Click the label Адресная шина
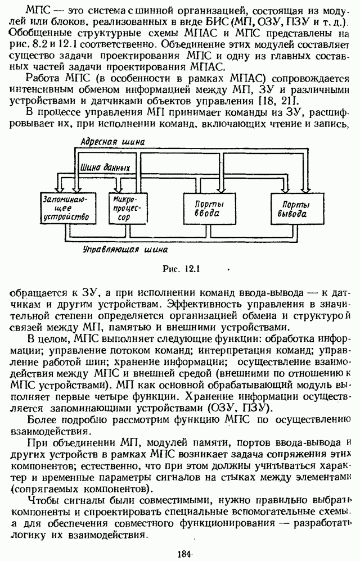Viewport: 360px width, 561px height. click(x=112, y=142)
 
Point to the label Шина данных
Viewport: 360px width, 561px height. click(x=106, y=168)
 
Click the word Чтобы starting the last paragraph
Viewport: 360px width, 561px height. click(x=45, y=500)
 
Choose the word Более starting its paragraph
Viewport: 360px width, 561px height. click(x=44, y=420)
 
